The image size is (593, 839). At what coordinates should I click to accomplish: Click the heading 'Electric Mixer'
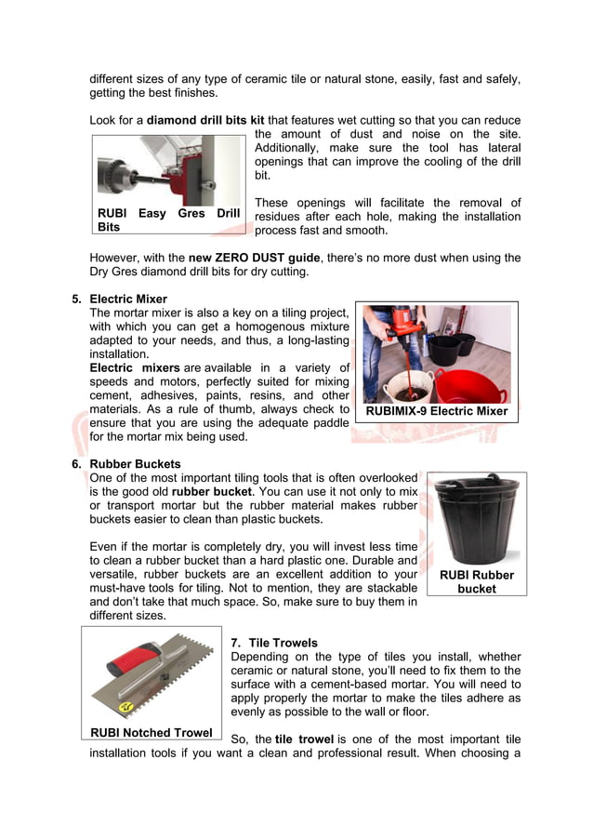coord(128,299)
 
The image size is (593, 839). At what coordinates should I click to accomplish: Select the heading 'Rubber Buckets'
coord(135,463)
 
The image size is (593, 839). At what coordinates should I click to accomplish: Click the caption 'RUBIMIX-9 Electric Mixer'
coord(437,411)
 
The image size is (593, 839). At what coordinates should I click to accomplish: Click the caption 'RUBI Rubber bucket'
coord(476,581)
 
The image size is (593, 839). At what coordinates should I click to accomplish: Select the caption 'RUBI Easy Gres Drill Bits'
coord(168,220)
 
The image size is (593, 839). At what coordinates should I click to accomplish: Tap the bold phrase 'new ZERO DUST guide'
coord(254,258)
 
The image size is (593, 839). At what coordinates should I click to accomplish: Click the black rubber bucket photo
coord(477,521)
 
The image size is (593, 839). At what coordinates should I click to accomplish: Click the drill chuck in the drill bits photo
coord(126,172)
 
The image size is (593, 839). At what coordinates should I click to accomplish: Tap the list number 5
coord(76,299)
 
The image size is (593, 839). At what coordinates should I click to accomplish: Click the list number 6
coord(76,463)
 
